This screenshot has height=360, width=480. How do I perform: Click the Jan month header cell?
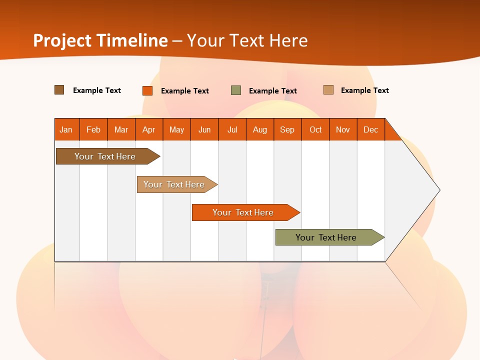point(66,129)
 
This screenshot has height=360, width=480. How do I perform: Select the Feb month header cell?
point(93,129)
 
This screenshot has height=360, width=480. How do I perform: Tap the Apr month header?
point(149,129)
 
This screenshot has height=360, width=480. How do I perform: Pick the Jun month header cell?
point(204,129)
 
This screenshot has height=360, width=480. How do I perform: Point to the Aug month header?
point(260,129)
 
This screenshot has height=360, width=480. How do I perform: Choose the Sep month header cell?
point(287,129)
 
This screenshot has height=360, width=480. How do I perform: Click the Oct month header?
point(315,129)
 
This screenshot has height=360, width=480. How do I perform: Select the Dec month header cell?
point(371,129)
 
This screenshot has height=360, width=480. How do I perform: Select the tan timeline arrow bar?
point(175,184)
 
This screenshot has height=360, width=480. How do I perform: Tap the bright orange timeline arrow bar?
point(244,212)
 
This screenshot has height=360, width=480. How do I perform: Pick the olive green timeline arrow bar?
point(327,237)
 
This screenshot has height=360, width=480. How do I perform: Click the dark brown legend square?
point(59,90)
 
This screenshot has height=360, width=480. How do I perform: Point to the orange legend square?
point(147,90)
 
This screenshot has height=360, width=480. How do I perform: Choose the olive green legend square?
point(236,90)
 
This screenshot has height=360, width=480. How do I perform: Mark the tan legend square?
point(328,90)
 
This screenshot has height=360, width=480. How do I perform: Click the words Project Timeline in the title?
point(100,40)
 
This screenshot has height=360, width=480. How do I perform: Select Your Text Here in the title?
point(247,40)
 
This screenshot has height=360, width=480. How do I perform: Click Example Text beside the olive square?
point(273,91)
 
